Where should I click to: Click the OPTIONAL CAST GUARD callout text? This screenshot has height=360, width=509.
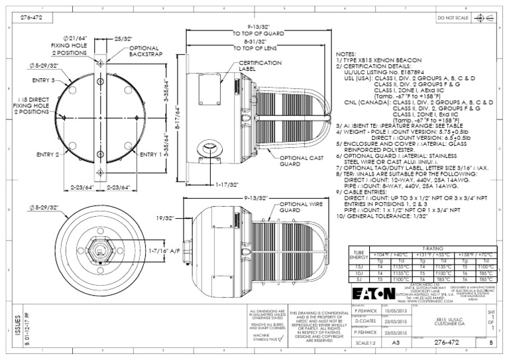click(x=302, y=162)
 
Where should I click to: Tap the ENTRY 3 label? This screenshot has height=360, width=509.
click(x=42, y=80)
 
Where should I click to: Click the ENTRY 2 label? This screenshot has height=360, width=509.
click(x=48, y=154)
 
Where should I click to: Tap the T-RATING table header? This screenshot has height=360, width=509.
click(x=428, y=247)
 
